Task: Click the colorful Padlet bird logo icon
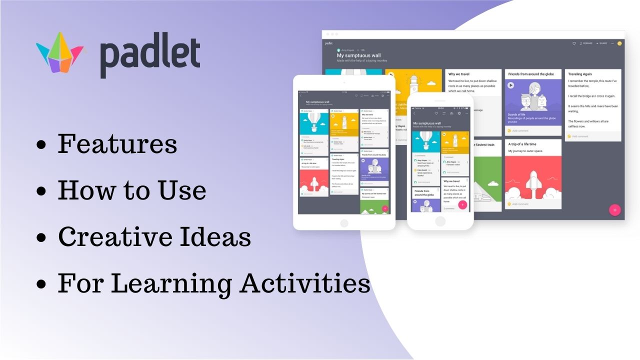point(60,52)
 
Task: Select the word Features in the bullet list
point(117,144)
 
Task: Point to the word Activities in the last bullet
point(304,283)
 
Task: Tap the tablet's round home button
point(344,223)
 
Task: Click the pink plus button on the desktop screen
point(614,210)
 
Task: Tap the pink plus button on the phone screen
point(462,204)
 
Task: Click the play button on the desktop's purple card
point(511,85)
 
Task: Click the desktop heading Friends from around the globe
point(531,74)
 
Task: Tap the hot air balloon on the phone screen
point(425,140)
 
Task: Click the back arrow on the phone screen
point(414,113)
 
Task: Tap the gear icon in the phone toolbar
point(459,113)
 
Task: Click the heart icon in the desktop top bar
point(574,43)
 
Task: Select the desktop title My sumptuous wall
point(358,55)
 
